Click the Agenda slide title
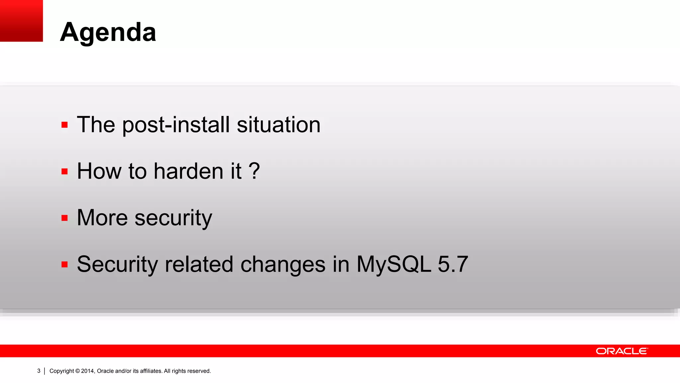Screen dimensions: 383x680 [x=108, y=32]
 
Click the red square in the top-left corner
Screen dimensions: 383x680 [x=21, y=21]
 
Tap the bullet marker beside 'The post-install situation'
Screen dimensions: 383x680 [x=64, y=125]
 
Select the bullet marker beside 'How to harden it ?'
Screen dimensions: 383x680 [x=64, y=172]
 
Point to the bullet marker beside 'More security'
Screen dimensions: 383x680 [x=64, y=218]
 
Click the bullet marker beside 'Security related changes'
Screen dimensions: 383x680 [x=64, y=265]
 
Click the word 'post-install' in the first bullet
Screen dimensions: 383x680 [x=176, y=125]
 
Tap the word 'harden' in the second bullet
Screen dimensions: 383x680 [x=188, y=171]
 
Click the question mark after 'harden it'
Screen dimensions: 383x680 [x=254, y=171]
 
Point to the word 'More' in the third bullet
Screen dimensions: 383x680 [x=102, y=218]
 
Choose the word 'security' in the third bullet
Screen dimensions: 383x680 [x=173, y=218]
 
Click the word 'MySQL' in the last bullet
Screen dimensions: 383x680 [x=393, y=264]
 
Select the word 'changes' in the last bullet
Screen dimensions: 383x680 [x=283, y=265]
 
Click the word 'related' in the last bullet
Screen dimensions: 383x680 [x=199, y=264]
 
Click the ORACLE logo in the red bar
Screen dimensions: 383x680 [x=622, y=351]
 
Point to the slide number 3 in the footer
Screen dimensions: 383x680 [x=39, y=371]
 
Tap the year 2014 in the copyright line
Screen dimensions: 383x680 [x=88, y=371]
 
